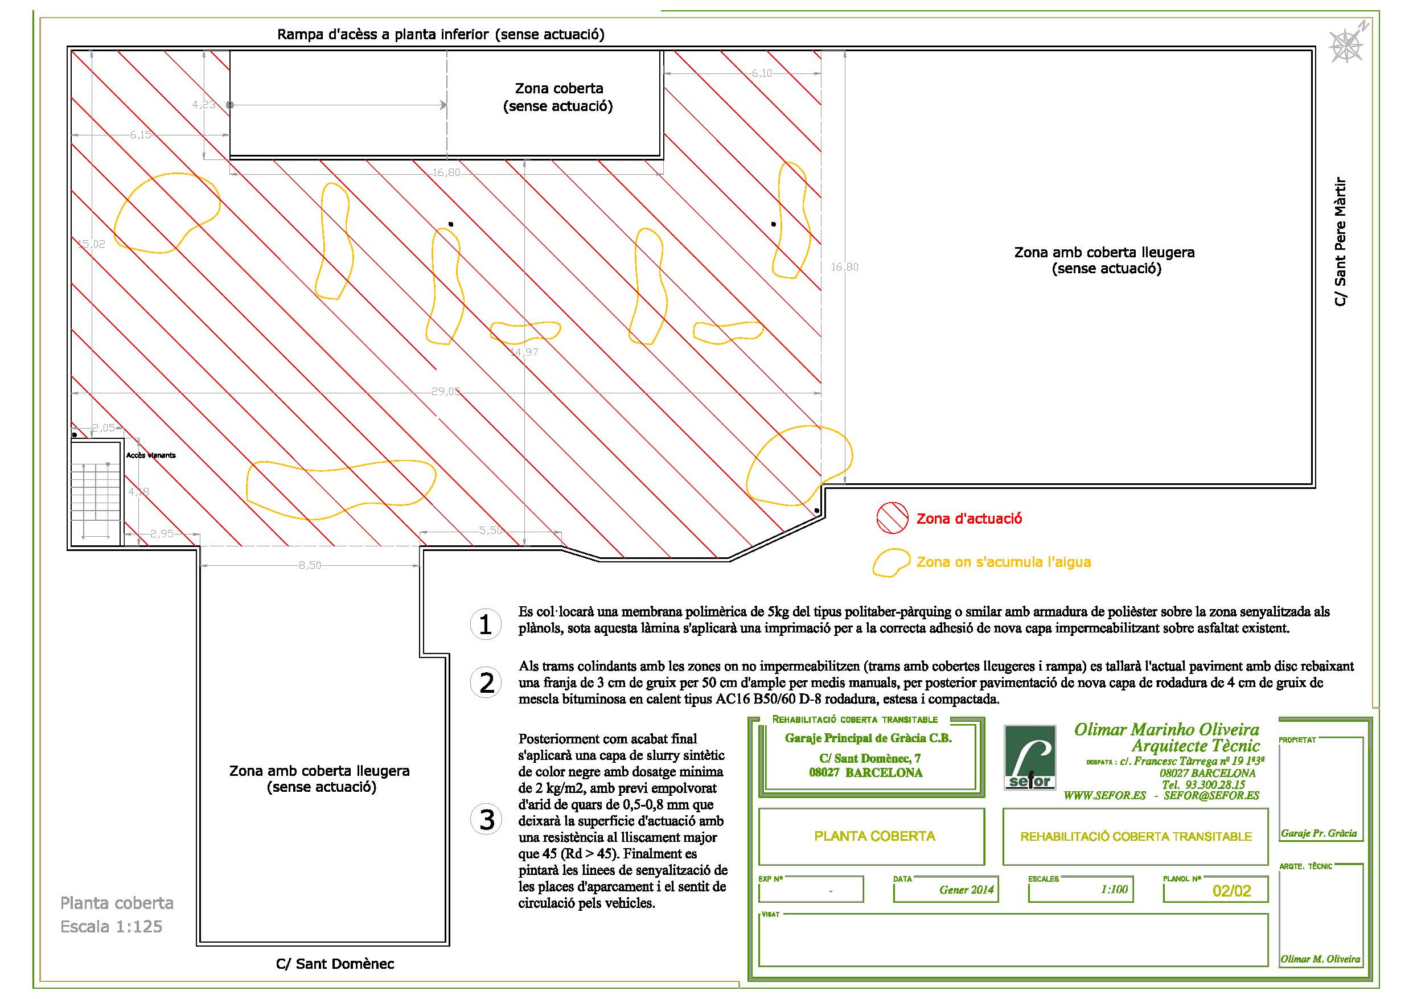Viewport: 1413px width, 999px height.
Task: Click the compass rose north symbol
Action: pyautogui.click(x=1346, y=45)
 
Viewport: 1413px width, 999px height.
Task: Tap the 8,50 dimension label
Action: pyautogui.click(x=310, y=565)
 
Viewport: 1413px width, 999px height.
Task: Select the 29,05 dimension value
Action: pyautogui.click(x=445, y=392)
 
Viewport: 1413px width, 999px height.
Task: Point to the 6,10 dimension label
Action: pyautogui.click(x=761, y=73)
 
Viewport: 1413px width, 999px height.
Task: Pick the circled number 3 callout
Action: pyautogui.click(x=486, y=820)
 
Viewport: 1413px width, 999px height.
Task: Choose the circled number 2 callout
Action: pyautogui.click(x=486, y=683)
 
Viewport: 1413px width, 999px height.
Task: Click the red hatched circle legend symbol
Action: pyautogui.click(x=892, y=518)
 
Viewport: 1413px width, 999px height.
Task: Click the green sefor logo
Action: pyautogui.click(x=1030, y=758)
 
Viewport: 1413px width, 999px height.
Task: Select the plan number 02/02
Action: pyautogui.click(x=1231, y=891)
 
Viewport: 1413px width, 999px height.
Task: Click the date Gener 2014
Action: pyautogui.click(x=966, y=890)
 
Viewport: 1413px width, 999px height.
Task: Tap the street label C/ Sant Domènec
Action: pyautogui.click(x=335, y=964)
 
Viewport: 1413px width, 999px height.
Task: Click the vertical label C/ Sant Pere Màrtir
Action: pyautogui.click(x=1340, y=242)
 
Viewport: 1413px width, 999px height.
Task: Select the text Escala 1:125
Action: pyautogui.click(x=112, y=926)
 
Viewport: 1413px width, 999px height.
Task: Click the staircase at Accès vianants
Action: pyautogui.click(x=96, y=492)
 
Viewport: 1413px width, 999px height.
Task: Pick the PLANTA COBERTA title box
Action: pyautogui.click(x=874, y=836)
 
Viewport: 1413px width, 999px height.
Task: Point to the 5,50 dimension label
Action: pyautogui.click(x=491, y=530)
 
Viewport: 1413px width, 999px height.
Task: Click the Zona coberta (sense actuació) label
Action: pyautogui.click(x=558, y=97)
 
